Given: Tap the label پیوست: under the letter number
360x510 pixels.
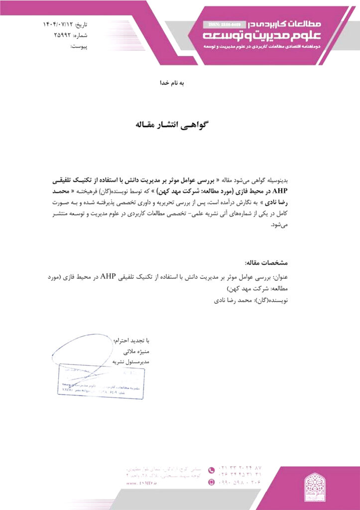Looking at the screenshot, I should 79,47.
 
